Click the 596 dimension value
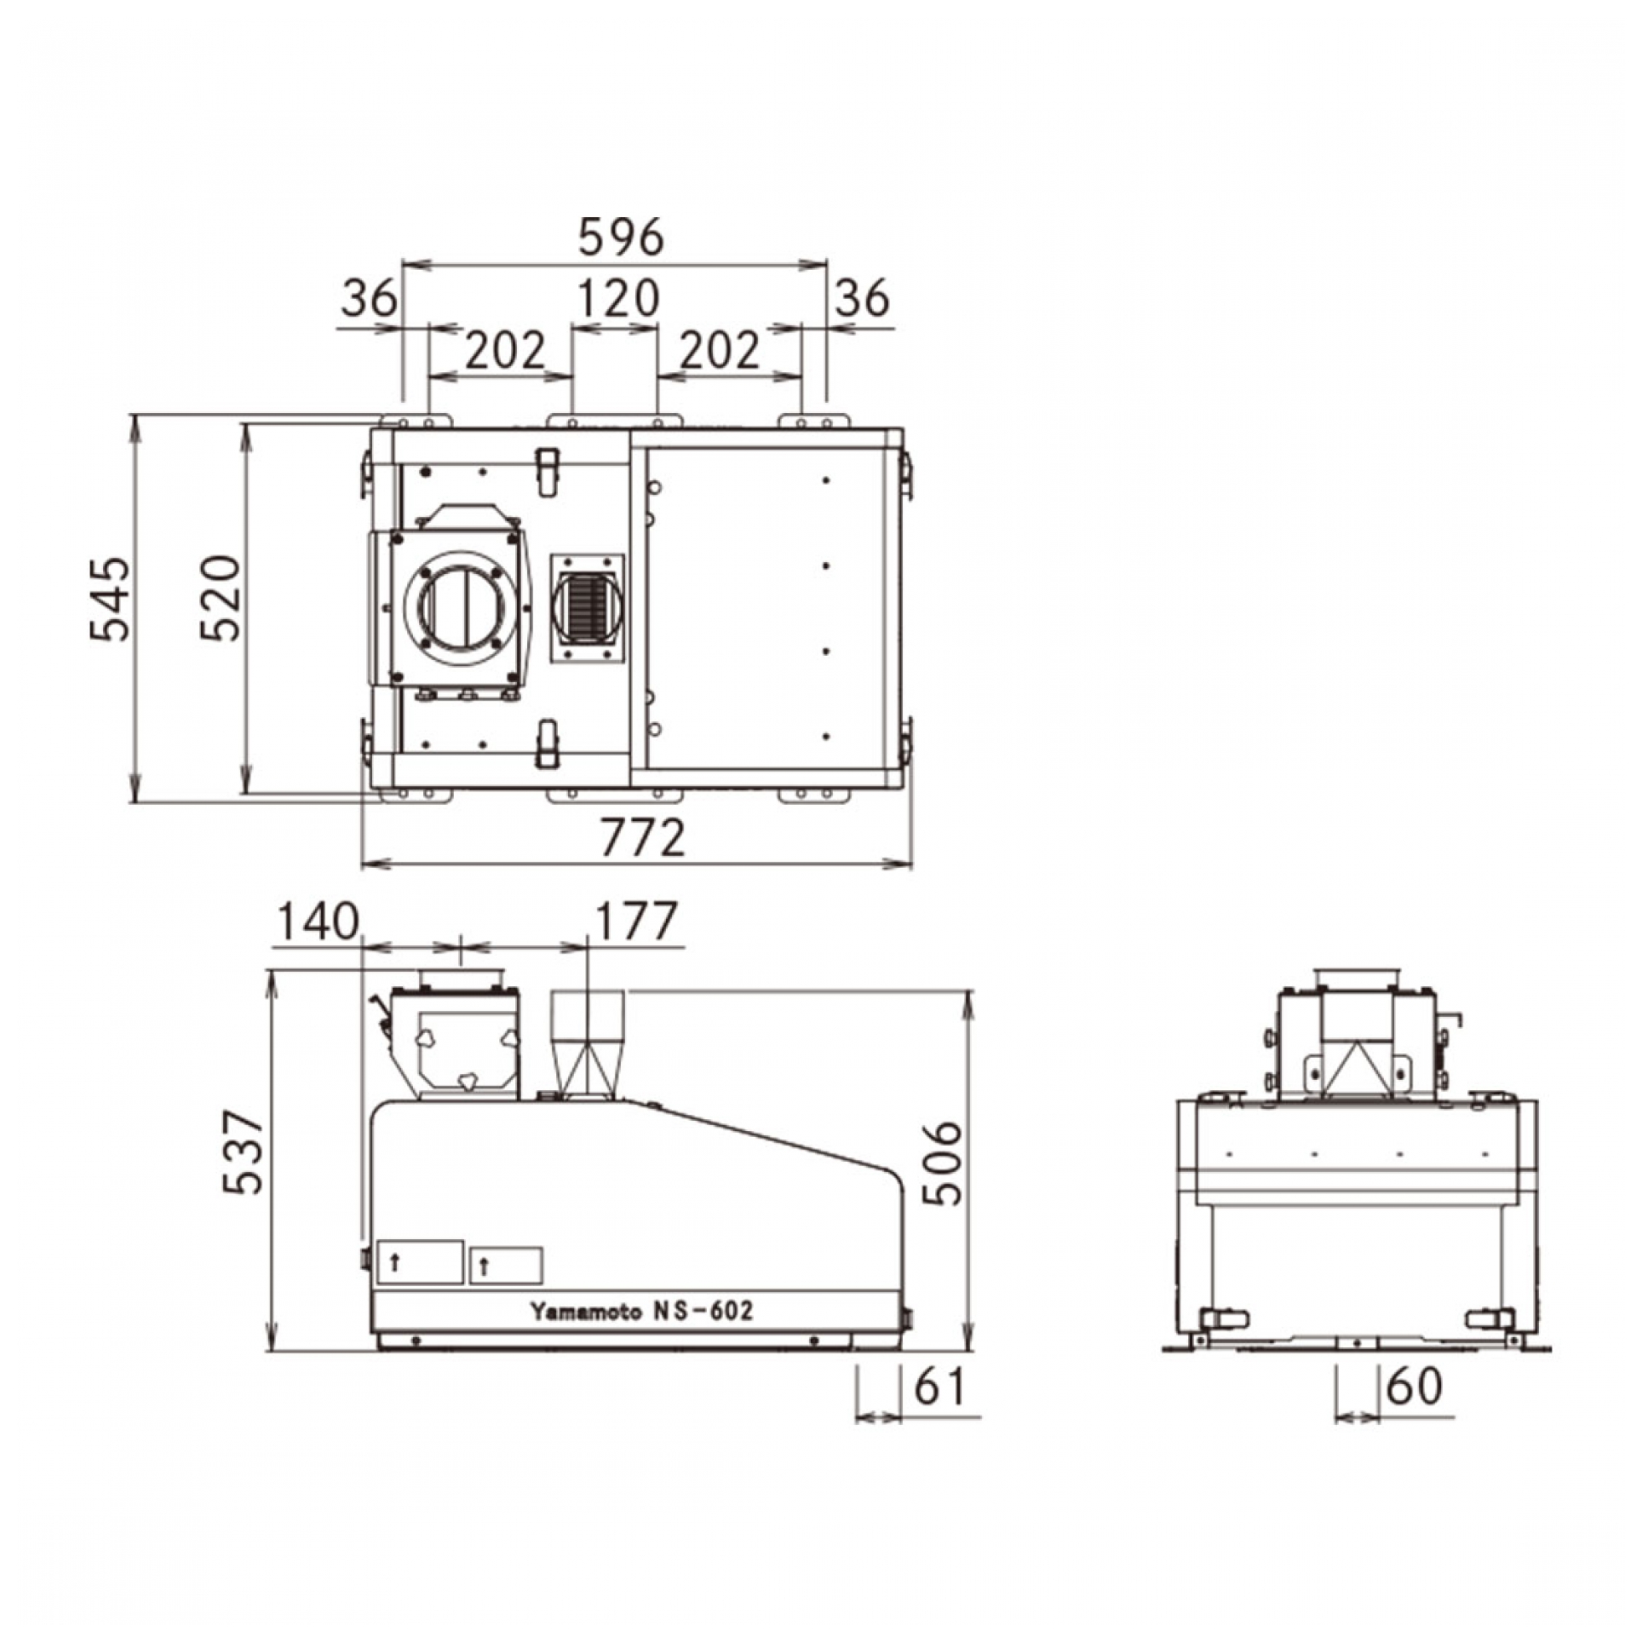[621, 237]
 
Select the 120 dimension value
[618, 298]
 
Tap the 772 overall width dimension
[643, 839]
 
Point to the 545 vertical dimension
[111, 599]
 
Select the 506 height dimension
[942, 1164]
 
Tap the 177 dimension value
[638, 922]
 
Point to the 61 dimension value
[940, 1387]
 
